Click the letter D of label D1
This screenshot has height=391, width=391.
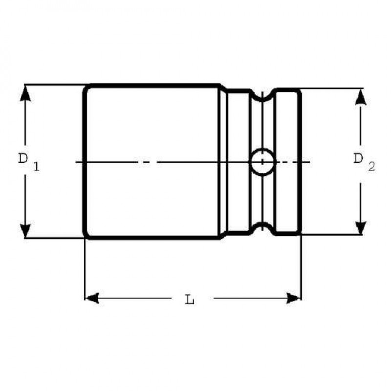(22, 158)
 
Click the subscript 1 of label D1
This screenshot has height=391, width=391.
(36, 167)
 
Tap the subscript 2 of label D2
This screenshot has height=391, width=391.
(371, 167)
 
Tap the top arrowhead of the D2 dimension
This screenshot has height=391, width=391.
(361, 96)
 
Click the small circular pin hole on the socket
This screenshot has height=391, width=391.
(262, 161)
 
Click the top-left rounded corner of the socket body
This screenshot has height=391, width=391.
(87, 88)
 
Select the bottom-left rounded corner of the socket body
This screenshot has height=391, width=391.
(87, 236)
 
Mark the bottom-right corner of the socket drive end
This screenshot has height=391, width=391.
(299, 234)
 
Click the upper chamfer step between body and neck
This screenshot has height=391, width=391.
(223, 88)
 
